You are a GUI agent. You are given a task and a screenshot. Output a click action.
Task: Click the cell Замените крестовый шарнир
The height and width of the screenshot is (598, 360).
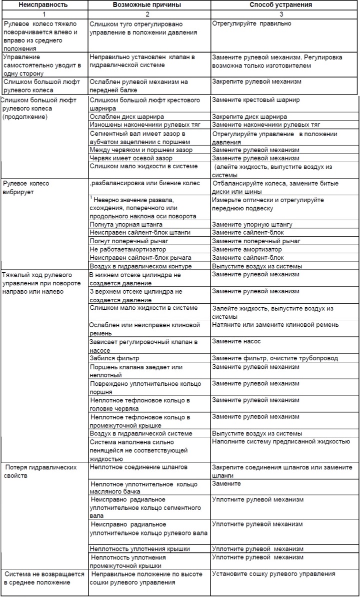tap(255, 100)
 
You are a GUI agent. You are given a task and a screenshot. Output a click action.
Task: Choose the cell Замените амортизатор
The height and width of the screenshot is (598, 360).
tap(245, 249)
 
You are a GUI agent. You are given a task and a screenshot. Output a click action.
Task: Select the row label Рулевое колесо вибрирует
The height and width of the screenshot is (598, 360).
tap(26, 187)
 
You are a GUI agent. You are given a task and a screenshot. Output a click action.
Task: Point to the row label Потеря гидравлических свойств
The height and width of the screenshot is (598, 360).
tap(41, 471)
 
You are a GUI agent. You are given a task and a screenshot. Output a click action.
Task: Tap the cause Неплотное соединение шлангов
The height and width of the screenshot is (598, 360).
tap(138, 467)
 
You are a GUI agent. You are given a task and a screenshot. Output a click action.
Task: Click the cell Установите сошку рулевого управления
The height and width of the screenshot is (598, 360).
tap(273, 574)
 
